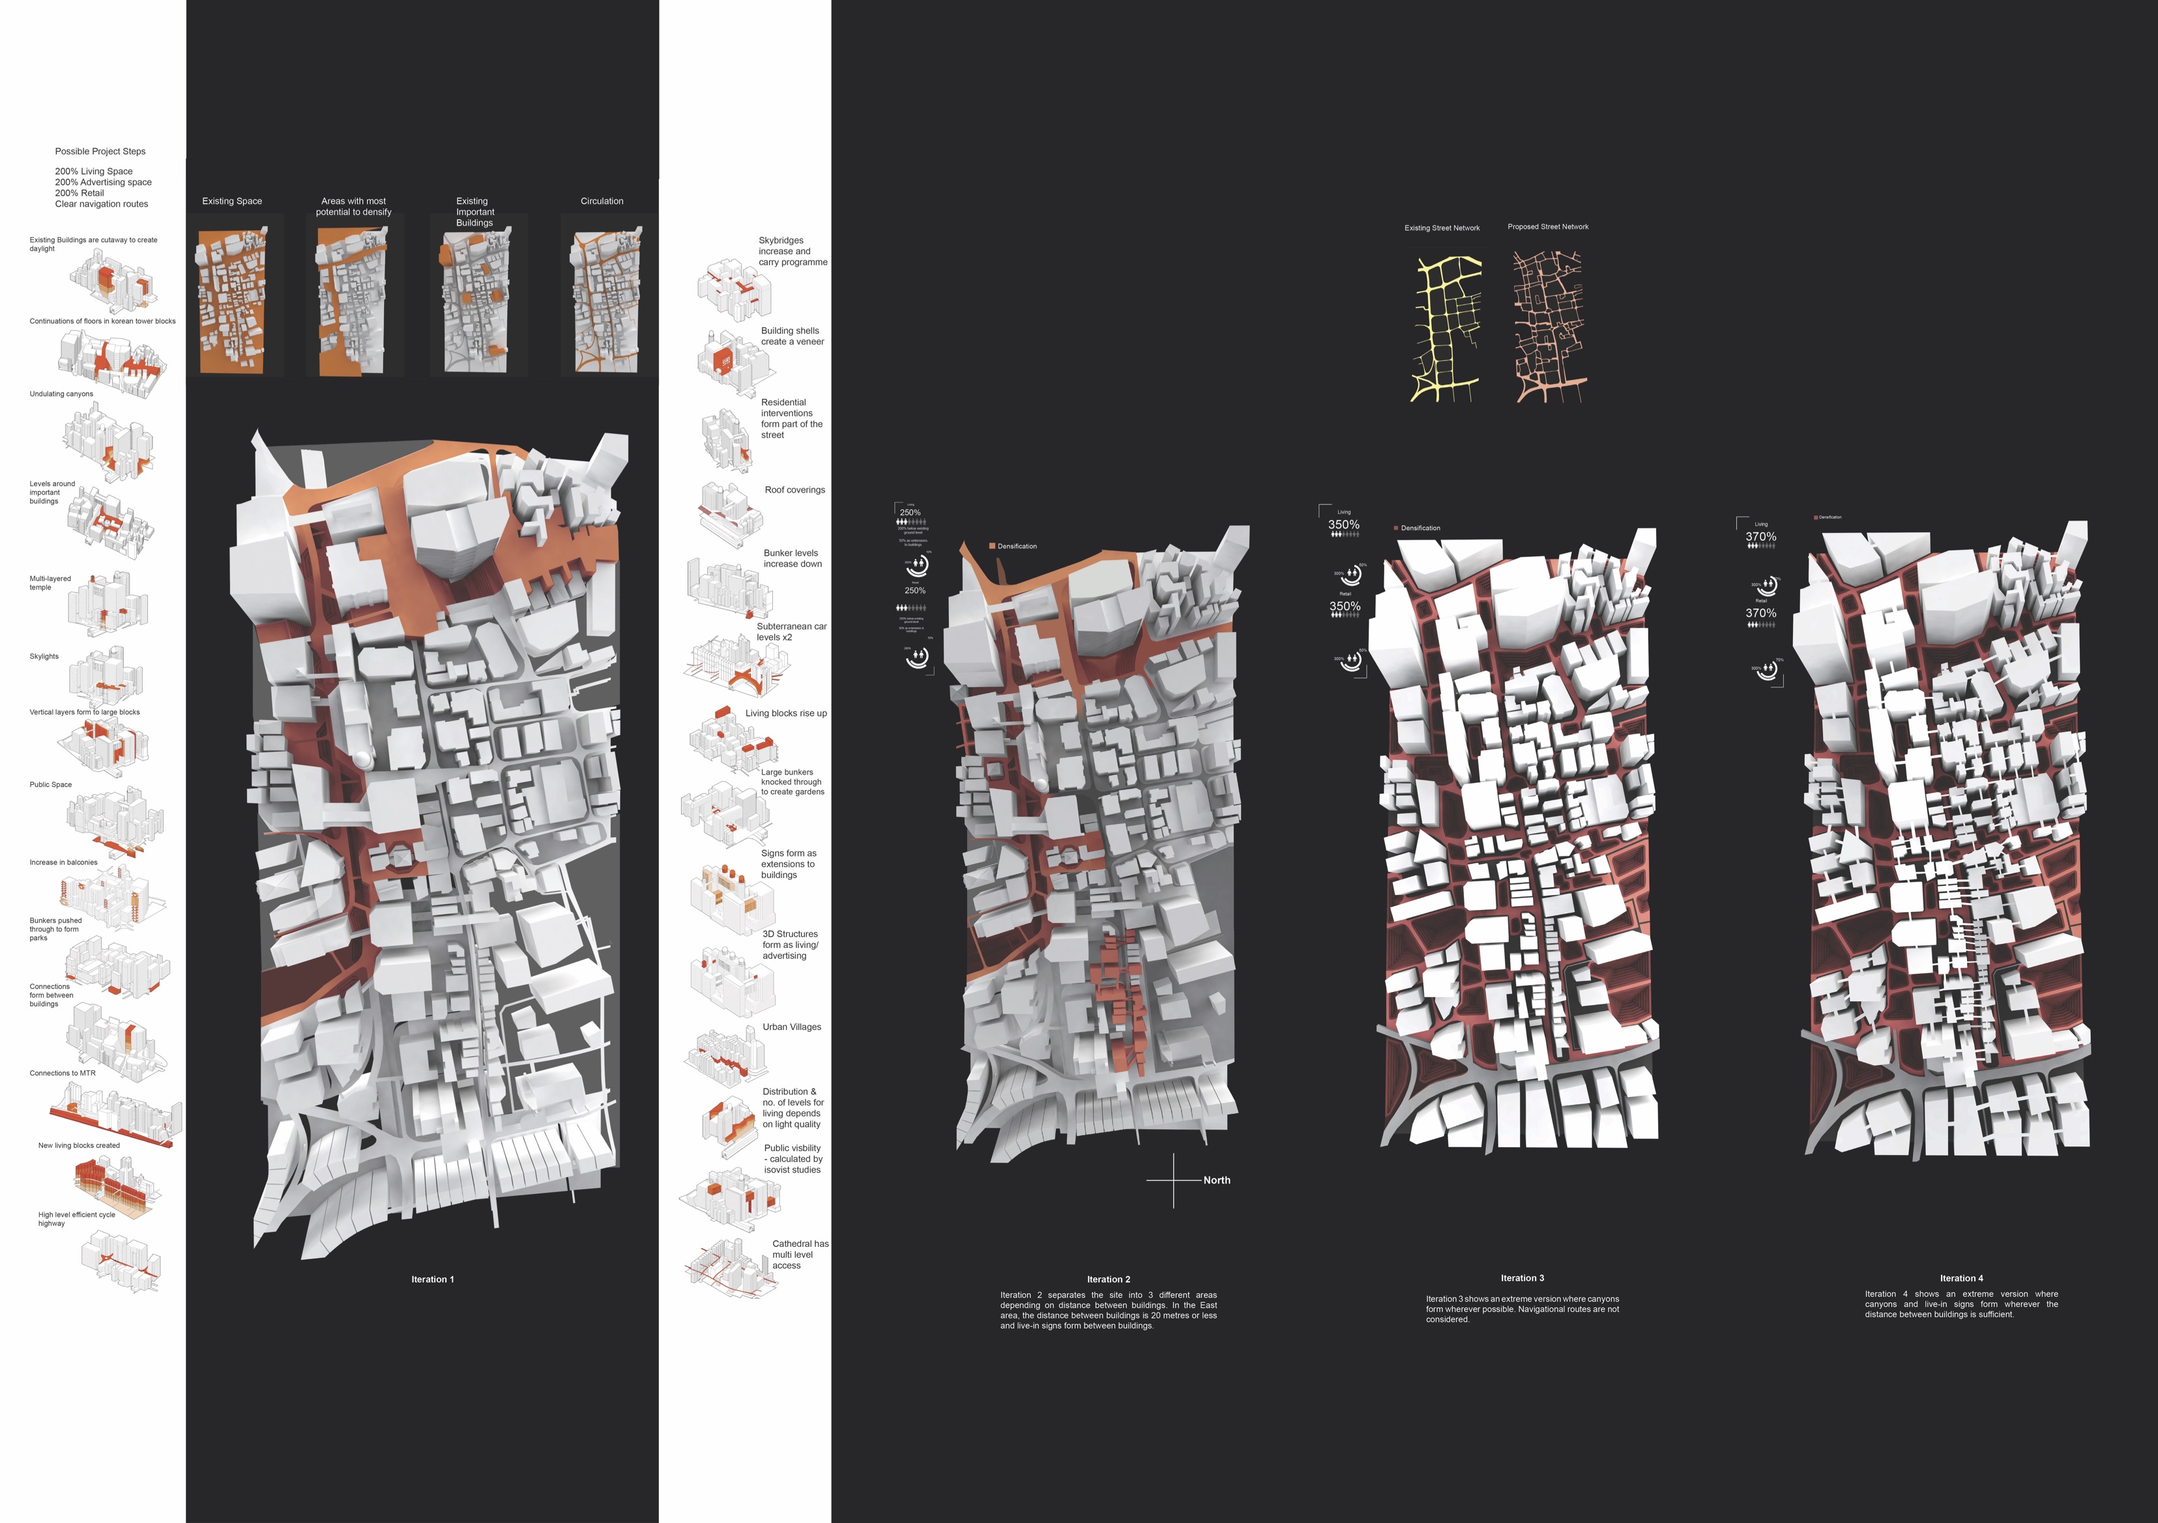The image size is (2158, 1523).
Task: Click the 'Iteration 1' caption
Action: coord(432,1279)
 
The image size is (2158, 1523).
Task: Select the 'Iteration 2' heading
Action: coord(1108,1279)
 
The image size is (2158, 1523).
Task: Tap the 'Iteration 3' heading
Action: coord(1522,1278)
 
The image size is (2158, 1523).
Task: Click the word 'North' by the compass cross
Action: coord(1216,1180)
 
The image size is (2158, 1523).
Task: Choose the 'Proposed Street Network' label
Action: coord(1547,227)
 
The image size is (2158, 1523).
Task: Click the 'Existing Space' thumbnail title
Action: coord(232,201)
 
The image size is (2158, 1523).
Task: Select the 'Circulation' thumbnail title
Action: coord(602,201)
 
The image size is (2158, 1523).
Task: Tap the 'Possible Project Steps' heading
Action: coord(100,151)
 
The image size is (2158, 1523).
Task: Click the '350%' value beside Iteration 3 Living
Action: coord(1343,525)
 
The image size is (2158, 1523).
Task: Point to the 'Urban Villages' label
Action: coord(791,1027)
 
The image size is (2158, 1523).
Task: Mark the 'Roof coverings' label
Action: coord(795,489)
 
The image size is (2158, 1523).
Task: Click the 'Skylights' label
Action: coord(44,657)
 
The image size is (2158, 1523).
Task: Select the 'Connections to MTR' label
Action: coord(62,1073)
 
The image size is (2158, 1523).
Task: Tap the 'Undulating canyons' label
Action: coord(61,393)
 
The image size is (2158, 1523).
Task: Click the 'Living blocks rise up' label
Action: coord(786,713)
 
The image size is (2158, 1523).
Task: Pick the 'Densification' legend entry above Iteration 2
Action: coord(1016,546)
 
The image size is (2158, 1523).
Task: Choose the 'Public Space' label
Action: coord(51,784)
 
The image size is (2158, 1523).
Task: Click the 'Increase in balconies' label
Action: coord(63,862)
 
